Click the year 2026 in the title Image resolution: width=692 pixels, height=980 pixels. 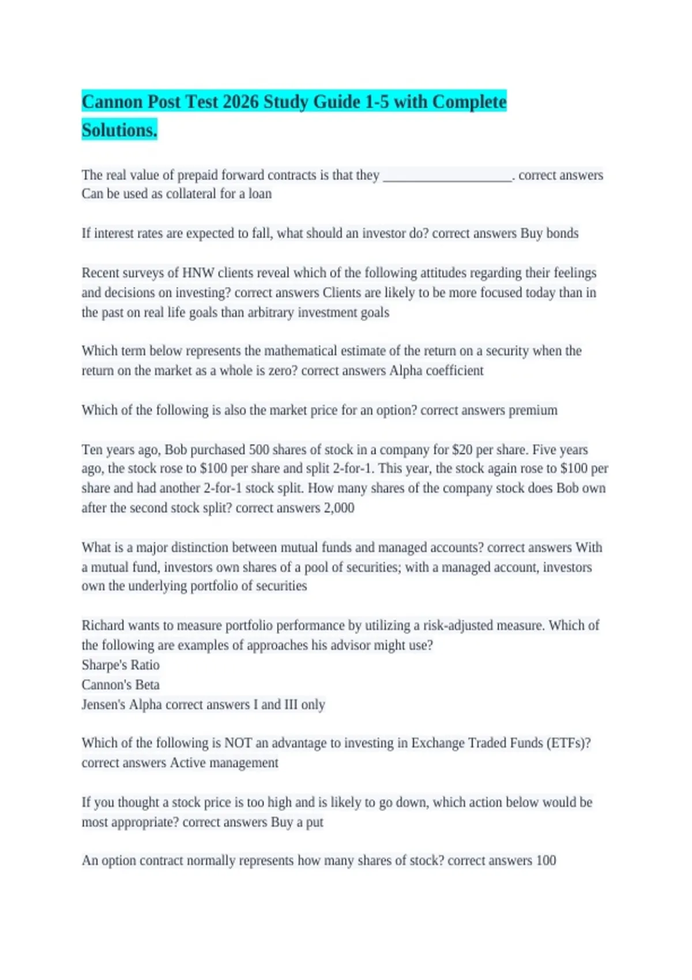(x=240, y=102)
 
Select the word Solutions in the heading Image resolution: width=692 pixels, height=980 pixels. (x=119, y=131)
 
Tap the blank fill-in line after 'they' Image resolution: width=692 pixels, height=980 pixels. (x=447, y=176)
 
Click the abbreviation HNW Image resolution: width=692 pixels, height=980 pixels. (x=198, y=273)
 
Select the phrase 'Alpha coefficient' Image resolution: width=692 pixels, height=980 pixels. (x=437, y=371)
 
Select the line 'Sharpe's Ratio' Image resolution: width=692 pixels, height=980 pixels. (x=121, y=665)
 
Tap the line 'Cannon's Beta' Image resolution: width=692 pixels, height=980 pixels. (x=121, y=685)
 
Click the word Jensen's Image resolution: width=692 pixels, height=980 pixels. (x=103, y=704)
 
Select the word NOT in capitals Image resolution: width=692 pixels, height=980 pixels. (x=238, y=743)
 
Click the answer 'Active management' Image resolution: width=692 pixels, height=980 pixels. (x=224, y=763)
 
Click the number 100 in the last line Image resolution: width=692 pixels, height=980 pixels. (x=546, y=861)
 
